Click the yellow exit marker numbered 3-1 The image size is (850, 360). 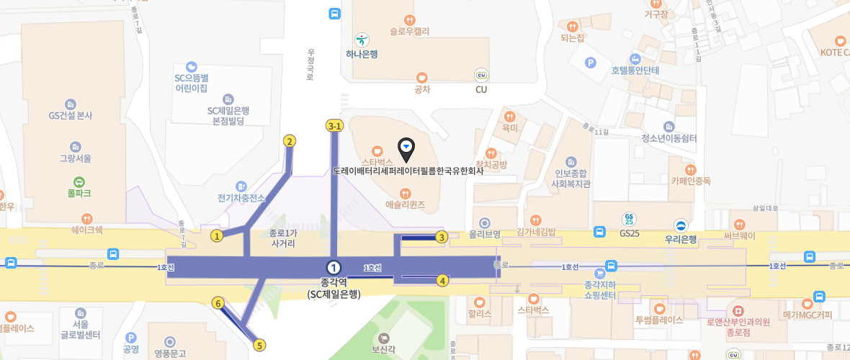[334, 125]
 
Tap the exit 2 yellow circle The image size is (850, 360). [290, 140]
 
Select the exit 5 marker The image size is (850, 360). [259, 345]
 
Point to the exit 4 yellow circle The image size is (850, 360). [442, 280]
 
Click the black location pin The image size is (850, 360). [406, 149]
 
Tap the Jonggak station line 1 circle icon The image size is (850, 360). [333, 267]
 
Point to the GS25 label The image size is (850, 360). [629, 233]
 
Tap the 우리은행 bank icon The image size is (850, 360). [681, 225]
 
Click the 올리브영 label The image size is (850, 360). [485, 235]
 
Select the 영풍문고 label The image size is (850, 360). [170, 353]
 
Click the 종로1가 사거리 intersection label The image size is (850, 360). [282, 238]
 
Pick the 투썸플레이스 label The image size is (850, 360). [658, 320]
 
